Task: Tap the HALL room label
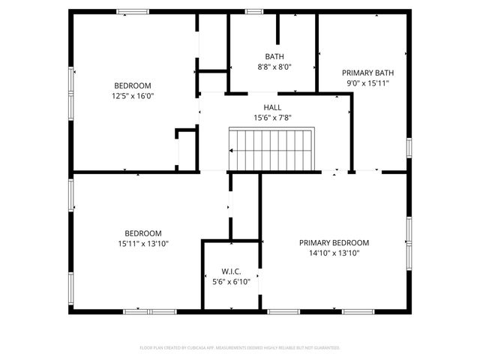(x=272, y=108)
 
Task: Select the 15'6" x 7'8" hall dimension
(x=272, y=118)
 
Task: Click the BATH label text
(x=274, y=57)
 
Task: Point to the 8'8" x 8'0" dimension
(x=274, y=67)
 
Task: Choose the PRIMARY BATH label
(x=367, y=73)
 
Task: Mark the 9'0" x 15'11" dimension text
(x=367, y=82)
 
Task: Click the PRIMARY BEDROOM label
(x=334, y=243)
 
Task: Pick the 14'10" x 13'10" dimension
(x=334, y=253)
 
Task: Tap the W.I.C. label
(x=230, y=271)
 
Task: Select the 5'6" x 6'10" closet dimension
(x=230, y=280)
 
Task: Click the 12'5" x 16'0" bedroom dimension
(x=132, y=95)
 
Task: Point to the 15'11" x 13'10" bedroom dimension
(x=142, y=243)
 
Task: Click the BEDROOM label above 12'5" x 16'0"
(x=132, y=85)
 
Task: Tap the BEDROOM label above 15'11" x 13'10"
(x=142, y=233)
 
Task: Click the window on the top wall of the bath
(x=254, y=11)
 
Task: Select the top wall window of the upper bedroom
(x=132, y=11)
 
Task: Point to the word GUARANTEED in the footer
(x=322, y=348)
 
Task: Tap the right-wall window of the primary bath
(x=409, y=147)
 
